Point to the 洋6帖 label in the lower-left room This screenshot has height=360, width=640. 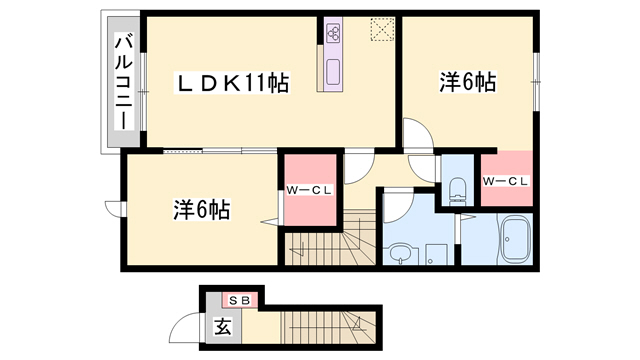tap(202, 210)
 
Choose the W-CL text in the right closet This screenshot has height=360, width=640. tap(505, 181)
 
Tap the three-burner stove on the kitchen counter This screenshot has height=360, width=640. tap(334, 33)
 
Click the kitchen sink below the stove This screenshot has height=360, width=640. tap(334, 71)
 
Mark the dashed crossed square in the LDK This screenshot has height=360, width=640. tap(382, 30)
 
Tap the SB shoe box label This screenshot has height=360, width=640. tap(239, 299)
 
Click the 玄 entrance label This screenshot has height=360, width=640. tap(219, 325)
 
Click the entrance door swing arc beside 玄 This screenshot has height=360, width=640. tap(184, 329)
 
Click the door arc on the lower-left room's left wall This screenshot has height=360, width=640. tap(115, 209)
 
